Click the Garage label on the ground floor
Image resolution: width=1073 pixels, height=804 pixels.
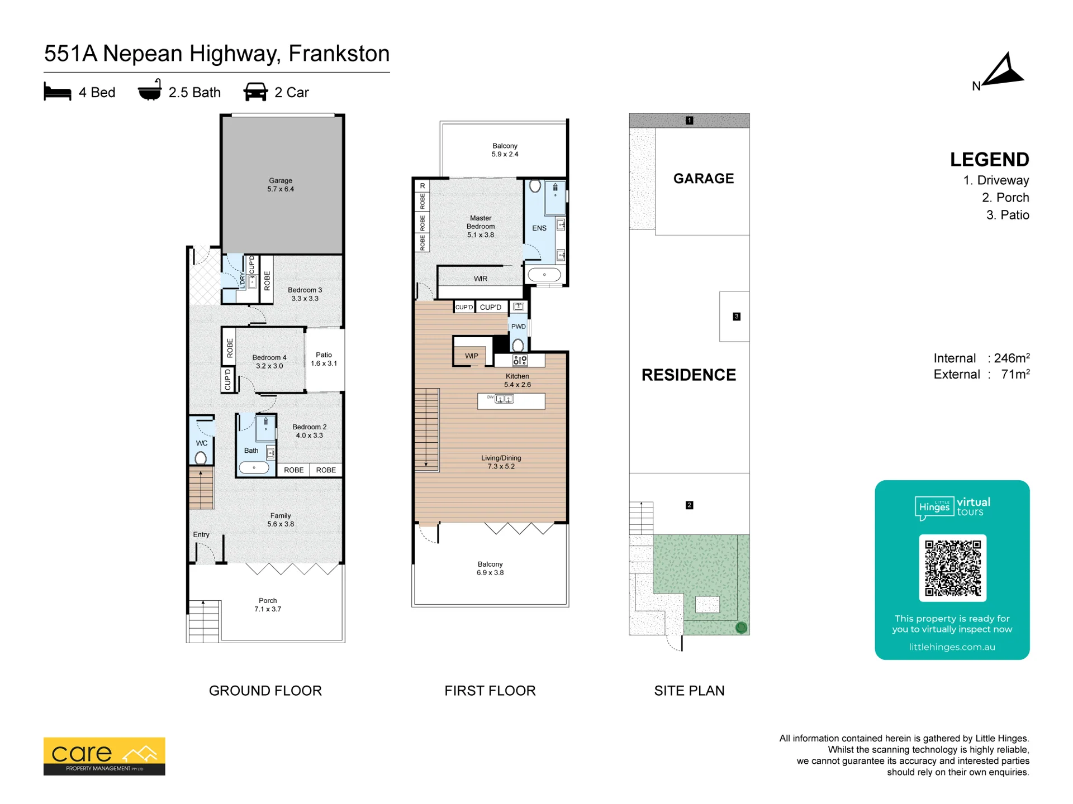point(281,185)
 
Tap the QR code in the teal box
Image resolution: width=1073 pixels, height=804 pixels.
point(952,568)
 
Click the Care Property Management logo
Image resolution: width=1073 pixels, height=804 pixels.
point(105,756)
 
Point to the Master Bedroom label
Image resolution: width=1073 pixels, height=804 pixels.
point(481,226)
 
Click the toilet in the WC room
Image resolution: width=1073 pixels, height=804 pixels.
point(201,458)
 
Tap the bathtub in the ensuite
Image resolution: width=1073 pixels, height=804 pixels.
point(544,275)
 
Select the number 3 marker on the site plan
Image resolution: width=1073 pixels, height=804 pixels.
point(737,317)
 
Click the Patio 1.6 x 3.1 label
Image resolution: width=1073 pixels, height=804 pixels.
point(324,359)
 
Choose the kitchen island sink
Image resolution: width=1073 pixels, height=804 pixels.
point(504,399)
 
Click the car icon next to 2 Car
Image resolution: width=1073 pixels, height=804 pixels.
point(255,92)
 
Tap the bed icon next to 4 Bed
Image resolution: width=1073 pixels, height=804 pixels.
point(58,92)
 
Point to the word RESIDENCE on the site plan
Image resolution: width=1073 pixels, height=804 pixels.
point(689,375)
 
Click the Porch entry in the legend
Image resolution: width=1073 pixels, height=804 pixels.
point(1005,198)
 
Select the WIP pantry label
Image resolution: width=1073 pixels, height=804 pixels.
point(472,356)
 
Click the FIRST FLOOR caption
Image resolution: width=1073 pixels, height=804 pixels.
point(490,691)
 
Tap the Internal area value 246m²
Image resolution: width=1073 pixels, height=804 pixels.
point(1012,358)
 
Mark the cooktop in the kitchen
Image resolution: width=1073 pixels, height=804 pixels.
point(520,360)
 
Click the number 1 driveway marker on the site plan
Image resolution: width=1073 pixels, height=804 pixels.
point(690,121)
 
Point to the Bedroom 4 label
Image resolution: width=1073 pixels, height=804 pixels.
point(269,362)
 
